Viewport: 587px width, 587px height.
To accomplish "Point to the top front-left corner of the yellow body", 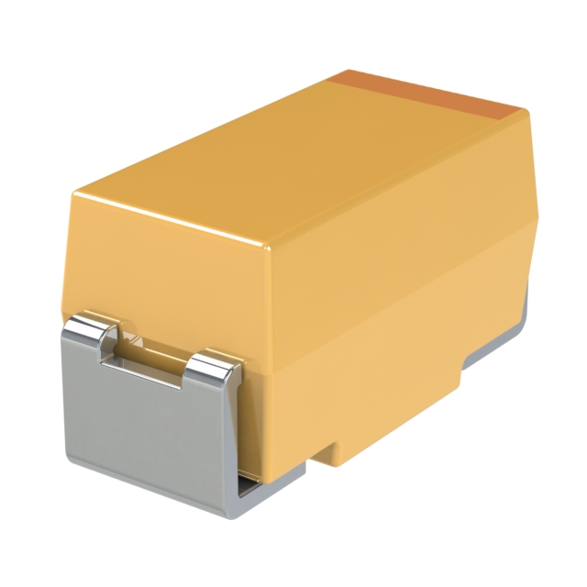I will [78, 194].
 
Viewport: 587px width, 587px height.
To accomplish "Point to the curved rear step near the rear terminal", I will [463, 367].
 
